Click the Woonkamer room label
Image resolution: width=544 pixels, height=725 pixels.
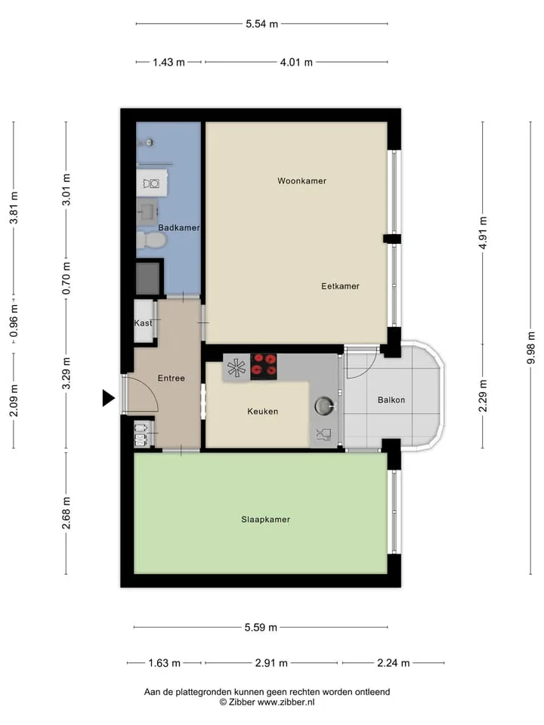click(x=301, y=180)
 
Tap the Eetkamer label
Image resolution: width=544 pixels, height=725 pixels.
click(x=340, y=286)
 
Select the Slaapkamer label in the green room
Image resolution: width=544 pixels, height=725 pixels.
click(x=265, y=520)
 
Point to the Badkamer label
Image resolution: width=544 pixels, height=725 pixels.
click(x=178, y=227)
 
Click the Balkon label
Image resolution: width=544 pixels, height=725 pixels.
click(x=391, y=400)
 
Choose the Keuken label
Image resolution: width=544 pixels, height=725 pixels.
click(x=262, y=411)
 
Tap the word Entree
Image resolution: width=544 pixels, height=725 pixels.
click(x=172, y=378)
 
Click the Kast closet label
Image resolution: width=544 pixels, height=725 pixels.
click(x=143, y=322)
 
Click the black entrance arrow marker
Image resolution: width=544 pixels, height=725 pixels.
click(x=108, y=398)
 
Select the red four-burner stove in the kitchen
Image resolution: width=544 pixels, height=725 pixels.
click(x=264, y=367)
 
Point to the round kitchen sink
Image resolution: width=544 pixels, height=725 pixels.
click(x=324, y=406)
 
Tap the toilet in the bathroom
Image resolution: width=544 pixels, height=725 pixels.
click(x=151, y=240)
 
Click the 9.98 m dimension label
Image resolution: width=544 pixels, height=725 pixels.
click(x=530, y=347)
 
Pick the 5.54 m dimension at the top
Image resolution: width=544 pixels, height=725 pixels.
click(x=262, y=24)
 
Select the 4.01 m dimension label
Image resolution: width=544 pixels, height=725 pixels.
click(x=296, y=62)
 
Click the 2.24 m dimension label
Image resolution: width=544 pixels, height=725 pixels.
click(x=393, y=663)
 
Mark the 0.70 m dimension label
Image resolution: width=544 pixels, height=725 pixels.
click(x=66, y=279)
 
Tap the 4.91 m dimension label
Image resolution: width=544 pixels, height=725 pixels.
click(x=483, y=233)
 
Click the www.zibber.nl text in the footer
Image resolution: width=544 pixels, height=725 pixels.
click(x=286, y=702)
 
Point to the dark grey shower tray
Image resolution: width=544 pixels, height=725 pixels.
click(x=148, y=279)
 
